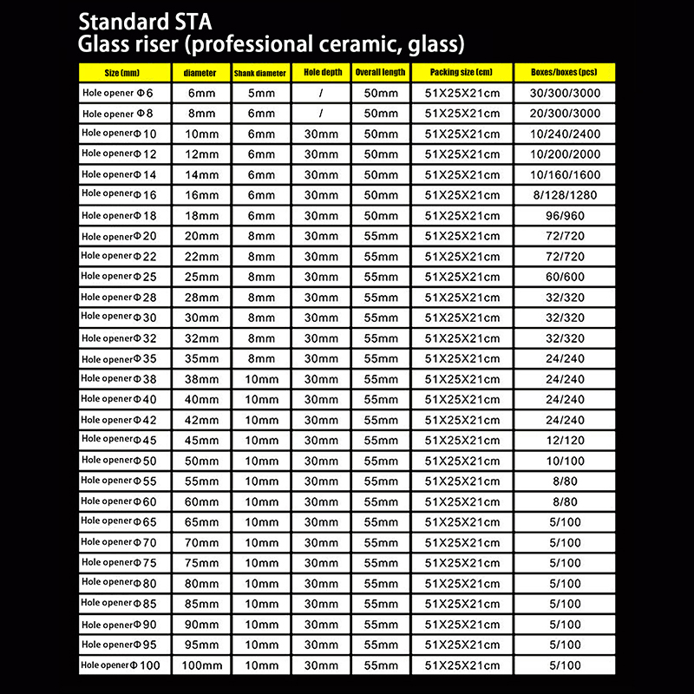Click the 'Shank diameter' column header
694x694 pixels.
point(260,73)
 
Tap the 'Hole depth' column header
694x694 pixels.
point(320,72)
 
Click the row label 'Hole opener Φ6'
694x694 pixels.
point(116,93)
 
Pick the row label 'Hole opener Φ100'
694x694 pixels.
point(116,665)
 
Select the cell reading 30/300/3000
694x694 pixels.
point(562,93)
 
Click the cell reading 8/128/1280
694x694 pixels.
point(562,195)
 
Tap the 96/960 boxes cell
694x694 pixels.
point(562,216)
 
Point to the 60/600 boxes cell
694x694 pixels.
point(562,277)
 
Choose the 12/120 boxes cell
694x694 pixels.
point(562,440)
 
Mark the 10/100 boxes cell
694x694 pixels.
point(562,461)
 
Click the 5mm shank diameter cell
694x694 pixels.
point(260,93)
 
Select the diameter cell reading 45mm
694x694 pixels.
point(202,440)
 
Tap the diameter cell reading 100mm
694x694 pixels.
point(202,665)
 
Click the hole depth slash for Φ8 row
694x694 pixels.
point(320,114)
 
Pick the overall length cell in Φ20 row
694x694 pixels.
point(380,236)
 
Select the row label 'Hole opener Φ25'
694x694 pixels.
point(116,277)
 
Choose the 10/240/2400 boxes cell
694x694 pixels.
point(562,134)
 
